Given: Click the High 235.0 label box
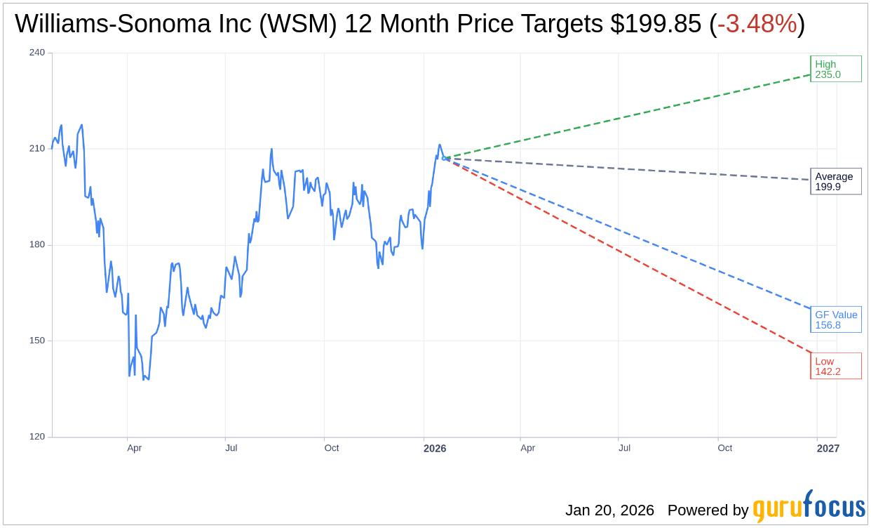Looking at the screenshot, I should (x=835, y=69).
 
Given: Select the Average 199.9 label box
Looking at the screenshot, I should (x=835, y=181).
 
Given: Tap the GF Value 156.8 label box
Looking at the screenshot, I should (x=835, y=319).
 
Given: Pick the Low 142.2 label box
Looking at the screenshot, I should (x=835, y=366).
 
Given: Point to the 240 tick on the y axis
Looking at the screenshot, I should (x=37, y=53).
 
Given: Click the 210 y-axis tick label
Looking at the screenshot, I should (x=37, y=149).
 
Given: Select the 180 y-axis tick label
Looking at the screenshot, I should (x=37, y=245).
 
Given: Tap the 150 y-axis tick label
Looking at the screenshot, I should (x=37, y=341).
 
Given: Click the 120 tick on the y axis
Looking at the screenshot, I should (x=37, y=437).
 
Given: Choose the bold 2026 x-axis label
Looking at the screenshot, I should (x=434, y=448).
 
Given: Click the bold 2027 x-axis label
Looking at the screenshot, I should (x=828, y=448).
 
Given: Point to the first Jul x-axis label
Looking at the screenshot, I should (x=231, y=448).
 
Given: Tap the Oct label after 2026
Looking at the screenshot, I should (x=724, y=448).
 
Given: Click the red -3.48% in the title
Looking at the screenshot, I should (x=757, y=25).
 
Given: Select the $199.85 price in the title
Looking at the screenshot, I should (x=655, y=25).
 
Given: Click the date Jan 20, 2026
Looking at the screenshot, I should (x=609, y=510).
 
